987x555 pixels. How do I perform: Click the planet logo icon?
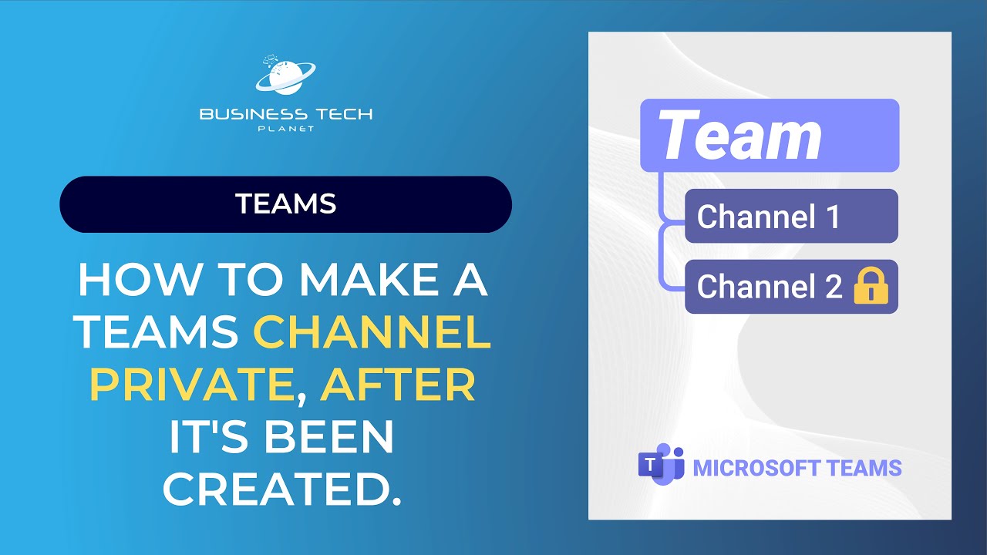click(285, 77)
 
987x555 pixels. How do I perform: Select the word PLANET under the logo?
click(285, 129)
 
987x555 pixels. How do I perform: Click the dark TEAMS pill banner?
click(285, 204)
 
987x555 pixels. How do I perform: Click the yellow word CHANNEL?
click(372, 333)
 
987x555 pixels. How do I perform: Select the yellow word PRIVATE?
click(190, 385)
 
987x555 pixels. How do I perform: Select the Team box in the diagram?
click(770, 136)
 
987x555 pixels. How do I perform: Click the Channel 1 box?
click(791, 217)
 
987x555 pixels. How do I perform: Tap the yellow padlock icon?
click(871, 287)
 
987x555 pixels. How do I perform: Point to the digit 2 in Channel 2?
click(833, 287)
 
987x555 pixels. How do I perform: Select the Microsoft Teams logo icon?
click(661, 466)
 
